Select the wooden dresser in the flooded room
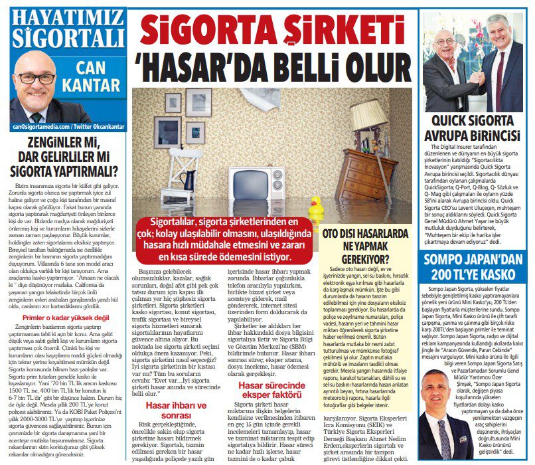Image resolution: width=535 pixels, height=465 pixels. point(362,175)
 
